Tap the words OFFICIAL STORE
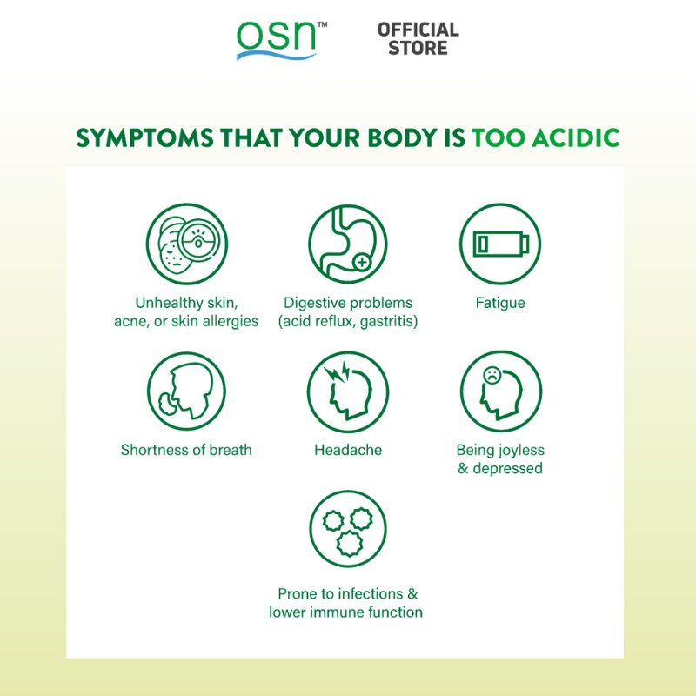click(418, 39)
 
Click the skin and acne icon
click(186, 244)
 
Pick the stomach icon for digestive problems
click(347, 244)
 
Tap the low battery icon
click(499, 244)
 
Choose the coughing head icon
click(186, 392)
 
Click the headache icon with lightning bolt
click(347, 392)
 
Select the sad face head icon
click(499, 392)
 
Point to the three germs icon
click(347, 529)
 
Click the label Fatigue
click(500, 304)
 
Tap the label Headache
click(348, 451)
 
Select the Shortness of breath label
click(186, 451)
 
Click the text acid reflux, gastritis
click(348, 321)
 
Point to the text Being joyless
click(500, 451)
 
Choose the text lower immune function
click(346, 612)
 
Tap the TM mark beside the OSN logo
click(322, 26)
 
